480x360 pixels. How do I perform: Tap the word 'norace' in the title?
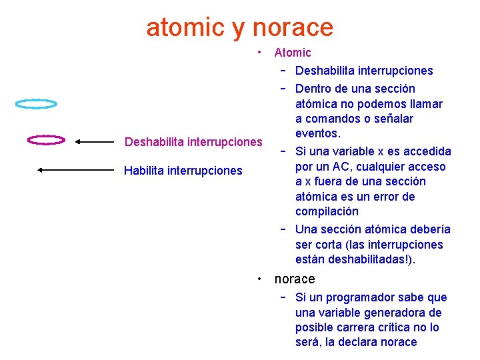[x=293, y=27]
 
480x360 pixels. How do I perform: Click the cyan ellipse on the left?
[x=37, y=104]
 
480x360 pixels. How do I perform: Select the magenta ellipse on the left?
[x=46, y=140]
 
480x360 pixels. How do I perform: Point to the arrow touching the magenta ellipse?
[x=94, y=141]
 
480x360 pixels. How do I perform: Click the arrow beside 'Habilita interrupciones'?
[x=75, y=170]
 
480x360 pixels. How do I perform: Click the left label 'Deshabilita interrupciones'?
[x=193, y=141]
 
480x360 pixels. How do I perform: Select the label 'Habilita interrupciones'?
[x=183, y=171]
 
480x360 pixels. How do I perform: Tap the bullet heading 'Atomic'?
[x=293, y=53]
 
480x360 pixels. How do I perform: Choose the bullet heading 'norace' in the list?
[x=295, y=279]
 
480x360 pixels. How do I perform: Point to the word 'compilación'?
[x=327, y=211]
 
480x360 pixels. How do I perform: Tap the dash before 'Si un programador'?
[x=283, y=297]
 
